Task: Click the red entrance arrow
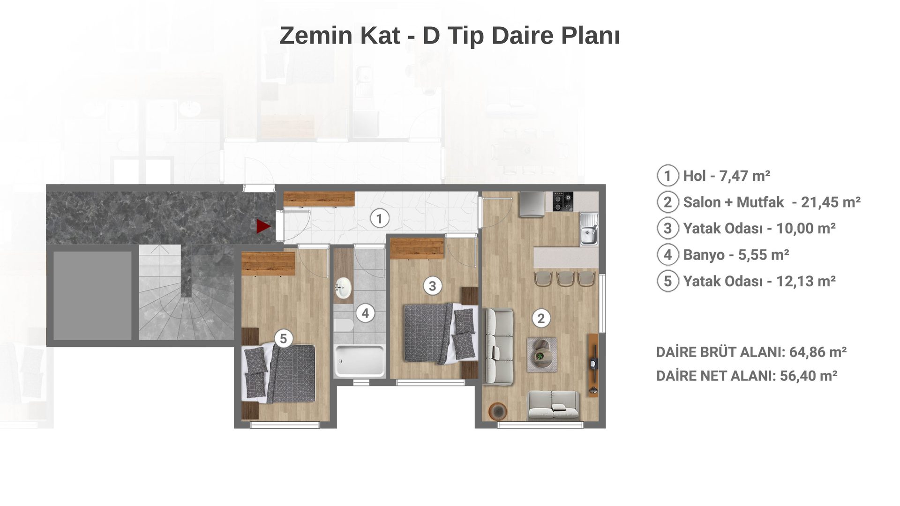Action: click(x=263, y=226)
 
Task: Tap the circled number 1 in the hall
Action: click(x=379, y=219)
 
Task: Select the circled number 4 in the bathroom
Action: click(x=366, y=313)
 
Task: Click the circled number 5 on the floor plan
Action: click(x=283, y=338)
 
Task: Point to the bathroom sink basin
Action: click(x=344, y=288)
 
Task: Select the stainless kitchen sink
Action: click(x=589, y=229)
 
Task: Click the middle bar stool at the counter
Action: click(x=565, y=279)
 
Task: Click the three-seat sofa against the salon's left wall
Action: click(x=498, y=346)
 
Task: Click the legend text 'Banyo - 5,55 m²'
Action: click(x=736, y=255)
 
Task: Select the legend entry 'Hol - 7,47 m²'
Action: click(x=727, y=176)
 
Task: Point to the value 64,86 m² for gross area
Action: click(x=818, y=352)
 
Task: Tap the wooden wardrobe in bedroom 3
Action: click(x=417, y=248)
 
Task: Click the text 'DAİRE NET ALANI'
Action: click(x=715, y=376)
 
